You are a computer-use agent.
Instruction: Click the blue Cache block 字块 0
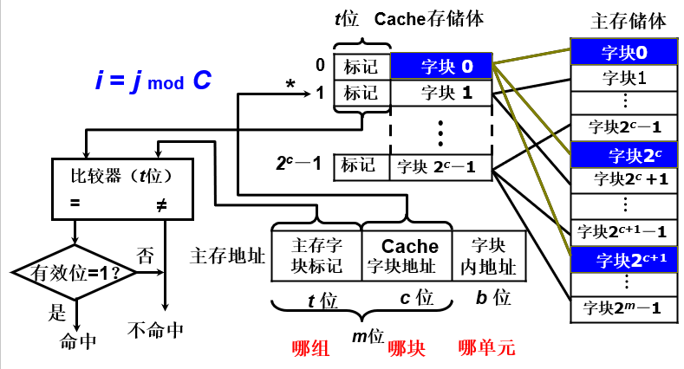click(x=441, y=66)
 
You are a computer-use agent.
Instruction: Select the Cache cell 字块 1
click(x=441, y=91)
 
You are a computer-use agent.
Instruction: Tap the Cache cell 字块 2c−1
click(x=441, y=165)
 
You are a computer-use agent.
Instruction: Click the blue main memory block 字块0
click(x=624, y=53)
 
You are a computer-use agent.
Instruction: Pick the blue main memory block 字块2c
click(x=624, y=156)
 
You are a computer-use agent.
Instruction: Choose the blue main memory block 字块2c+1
click(x=624, y=258)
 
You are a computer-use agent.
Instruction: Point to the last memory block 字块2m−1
click(x=624, y=307)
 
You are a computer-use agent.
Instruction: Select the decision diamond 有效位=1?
click(x=76, y=272)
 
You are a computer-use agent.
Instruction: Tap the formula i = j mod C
click(x=153, y=81)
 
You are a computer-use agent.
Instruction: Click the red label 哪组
click(x=309, y=348)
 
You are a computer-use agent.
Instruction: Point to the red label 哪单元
click(x=486, y=348)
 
